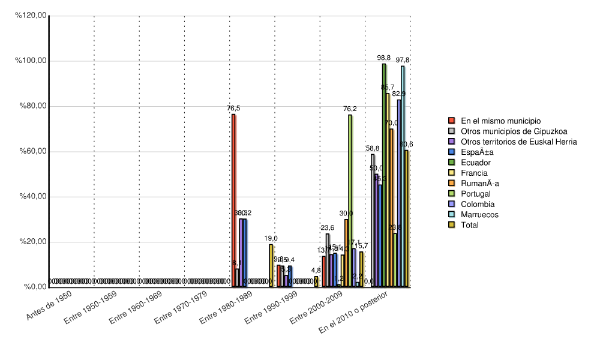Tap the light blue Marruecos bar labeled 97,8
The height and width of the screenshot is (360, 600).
click(403, 176)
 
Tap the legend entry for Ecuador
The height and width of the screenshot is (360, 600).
click(475, 163)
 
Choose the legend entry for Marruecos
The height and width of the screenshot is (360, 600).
click(479, 215)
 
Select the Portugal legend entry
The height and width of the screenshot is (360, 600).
click(475, 194)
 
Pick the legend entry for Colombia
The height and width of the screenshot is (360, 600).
click(477, 204)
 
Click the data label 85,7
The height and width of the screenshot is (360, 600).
click(388, 88)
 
